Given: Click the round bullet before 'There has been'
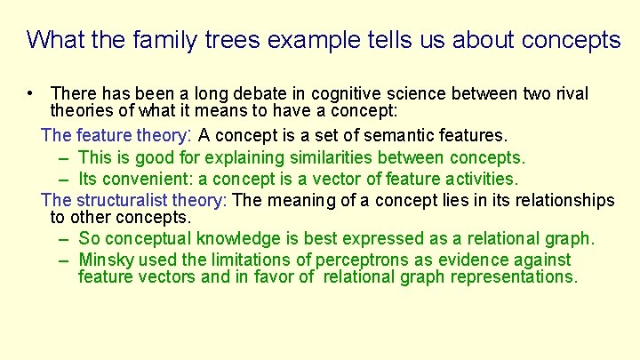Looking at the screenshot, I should (x=30, y=93).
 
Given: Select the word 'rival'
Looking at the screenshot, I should (x=570, y=93).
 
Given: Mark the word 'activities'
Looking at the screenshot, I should (x=476, y=180).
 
